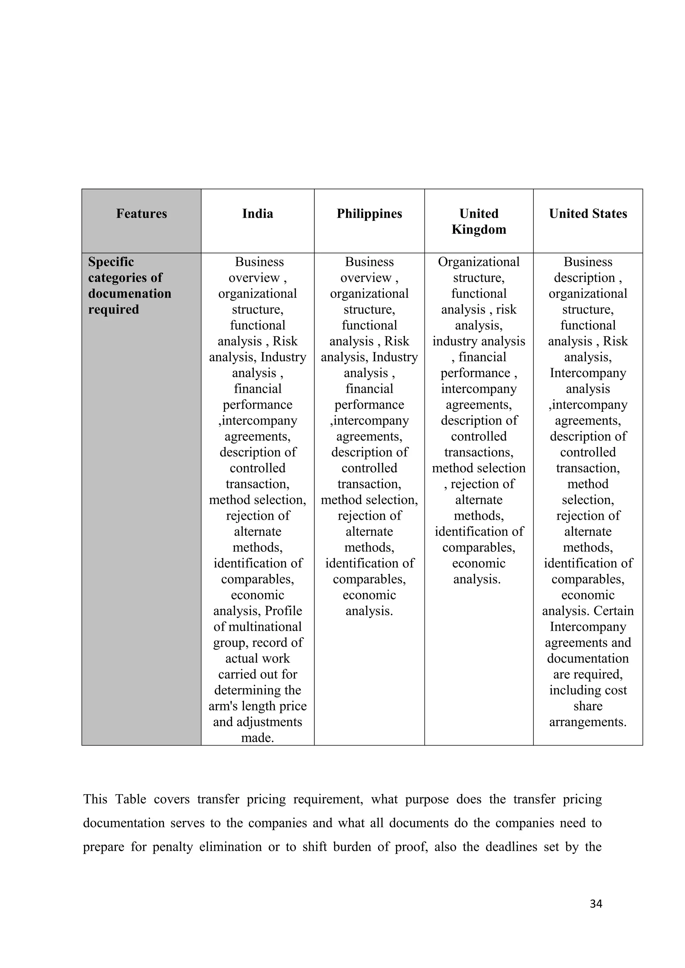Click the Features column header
(141, 214)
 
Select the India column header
(258, 214)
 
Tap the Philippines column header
(369, 214)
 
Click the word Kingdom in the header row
(479, 229)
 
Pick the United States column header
(588, 214)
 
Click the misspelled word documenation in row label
(129, 293)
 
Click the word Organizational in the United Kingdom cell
(479, 262)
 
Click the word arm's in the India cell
(223, 706)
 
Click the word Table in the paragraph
(131, 799)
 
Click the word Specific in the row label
(111, 262)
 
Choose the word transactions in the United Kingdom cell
(478, 452)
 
